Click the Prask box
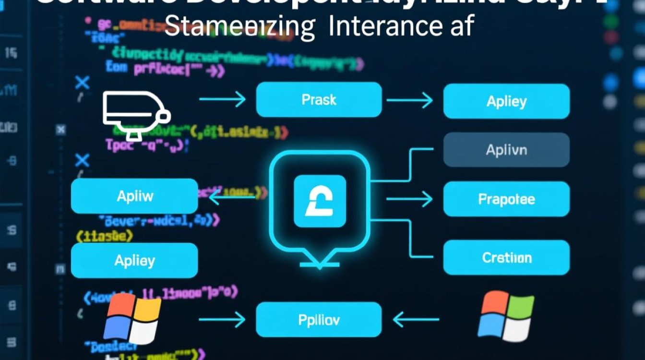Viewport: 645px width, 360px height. coord(319,100)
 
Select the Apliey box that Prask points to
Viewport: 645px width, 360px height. coord(506,101)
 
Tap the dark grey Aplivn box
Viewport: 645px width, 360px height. coord(506,150)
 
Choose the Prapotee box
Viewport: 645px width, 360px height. coord(506,199)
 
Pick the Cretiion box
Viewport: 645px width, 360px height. coord(506,257)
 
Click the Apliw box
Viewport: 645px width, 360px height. coord(134,196)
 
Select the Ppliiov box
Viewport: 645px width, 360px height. coord(319,320)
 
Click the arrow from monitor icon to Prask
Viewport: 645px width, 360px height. coord(222,100)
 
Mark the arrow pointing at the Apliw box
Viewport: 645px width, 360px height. coord(228,194)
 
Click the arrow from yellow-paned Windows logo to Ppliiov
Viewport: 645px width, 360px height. coord(222,319)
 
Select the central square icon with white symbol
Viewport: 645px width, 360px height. coord(320,201)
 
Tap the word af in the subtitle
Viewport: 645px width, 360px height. coord(458,27)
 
